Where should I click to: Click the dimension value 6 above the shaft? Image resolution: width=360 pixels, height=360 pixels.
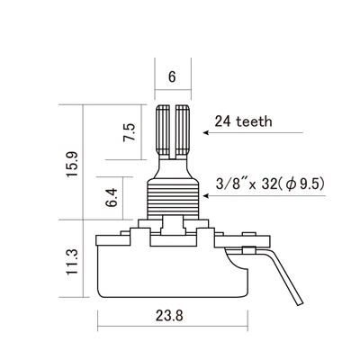[172, 77]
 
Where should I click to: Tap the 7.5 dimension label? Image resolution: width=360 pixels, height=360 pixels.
[130, 132]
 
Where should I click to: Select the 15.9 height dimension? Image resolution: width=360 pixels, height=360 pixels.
[72, 164]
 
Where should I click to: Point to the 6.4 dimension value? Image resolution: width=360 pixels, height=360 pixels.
[111, 198]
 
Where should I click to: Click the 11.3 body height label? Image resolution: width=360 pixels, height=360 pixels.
[72, 262]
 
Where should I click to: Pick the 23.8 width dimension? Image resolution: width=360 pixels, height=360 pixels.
[169, 315]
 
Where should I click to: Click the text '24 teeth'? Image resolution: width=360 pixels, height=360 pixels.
[243, 121]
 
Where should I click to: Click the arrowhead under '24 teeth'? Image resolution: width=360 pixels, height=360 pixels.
[206, 132]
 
